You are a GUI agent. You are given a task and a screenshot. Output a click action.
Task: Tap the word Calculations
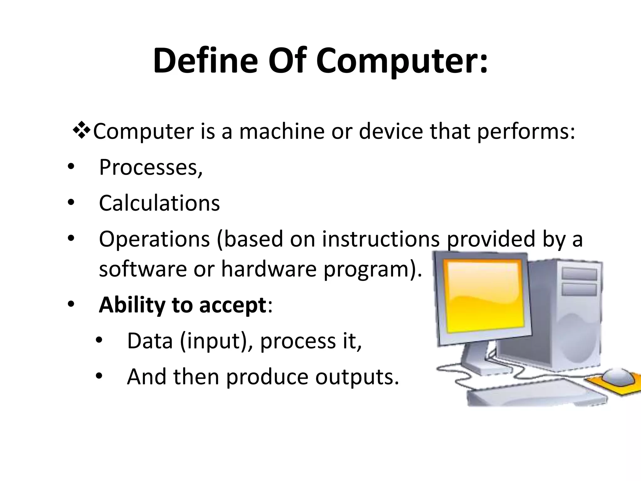click(159, 203)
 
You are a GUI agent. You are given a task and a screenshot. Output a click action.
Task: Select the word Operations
click(154, 239)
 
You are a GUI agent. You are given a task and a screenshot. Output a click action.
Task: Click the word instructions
click(381, 239)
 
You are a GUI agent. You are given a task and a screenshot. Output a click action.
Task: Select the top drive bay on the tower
click(579, 274)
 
